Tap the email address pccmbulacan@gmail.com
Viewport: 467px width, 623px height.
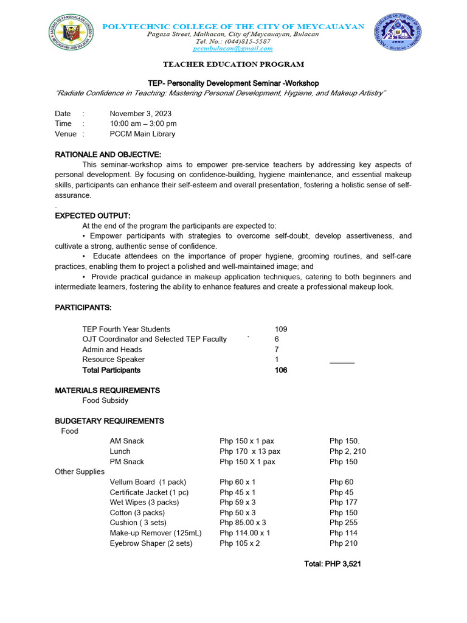pos(233,49)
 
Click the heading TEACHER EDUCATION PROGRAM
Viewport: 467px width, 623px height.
pos(233,64)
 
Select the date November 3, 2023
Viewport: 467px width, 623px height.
pos(140,114)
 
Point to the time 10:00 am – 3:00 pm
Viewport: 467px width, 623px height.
pos(143,124)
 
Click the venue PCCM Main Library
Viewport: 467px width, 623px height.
pos(142,134)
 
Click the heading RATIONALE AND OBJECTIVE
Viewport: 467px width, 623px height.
pos(108,155)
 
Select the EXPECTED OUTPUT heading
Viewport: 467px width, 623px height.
pos(93,215)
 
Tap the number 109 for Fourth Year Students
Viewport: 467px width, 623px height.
pos(281,329)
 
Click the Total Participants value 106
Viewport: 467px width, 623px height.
pos(281,370)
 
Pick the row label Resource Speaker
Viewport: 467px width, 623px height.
pos(113,360)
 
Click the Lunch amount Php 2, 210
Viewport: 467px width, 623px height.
pos(348,451)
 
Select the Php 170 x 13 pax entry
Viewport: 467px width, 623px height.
pos(250,451)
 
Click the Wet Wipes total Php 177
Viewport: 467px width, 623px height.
pos(344,503)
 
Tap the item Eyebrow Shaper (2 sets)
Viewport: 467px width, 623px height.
pos(151,543)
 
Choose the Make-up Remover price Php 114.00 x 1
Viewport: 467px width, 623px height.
pos(245,533)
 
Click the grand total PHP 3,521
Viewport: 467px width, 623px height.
pos(333,564)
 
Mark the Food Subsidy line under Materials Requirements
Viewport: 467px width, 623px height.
pos(105,400)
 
